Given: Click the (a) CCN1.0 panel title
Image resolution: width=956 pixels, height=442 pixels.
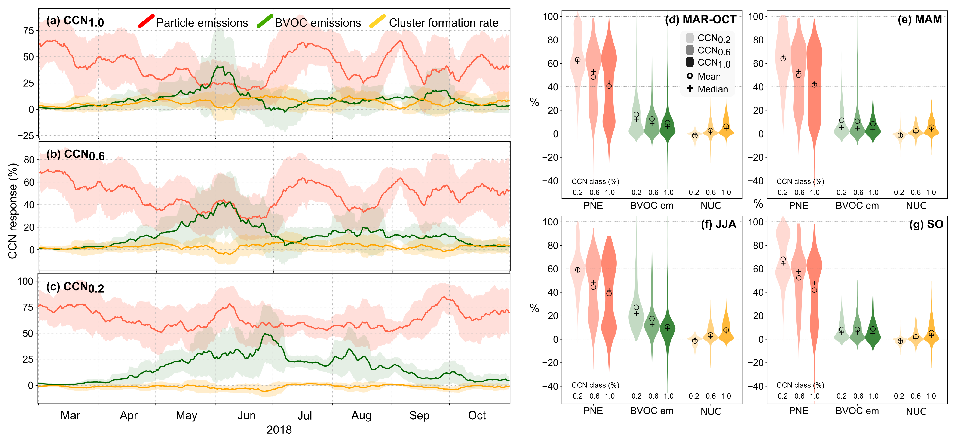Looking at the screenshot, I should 75,21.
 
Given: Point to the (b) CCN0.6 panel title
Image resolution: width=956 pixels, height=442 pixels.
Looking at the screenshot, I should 75,154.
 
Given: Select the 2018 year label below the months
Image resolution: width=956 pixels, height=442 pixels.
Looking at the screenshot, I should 279,430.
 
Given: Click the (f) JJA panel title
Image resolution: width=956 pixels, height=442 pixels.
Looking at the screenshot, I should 718,224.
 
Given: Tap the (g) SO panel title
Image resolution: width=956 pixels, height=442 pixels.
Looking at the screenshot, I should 926,224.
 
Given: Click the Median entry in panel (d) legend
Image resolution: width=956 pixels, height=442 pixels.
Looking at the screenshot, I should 713,89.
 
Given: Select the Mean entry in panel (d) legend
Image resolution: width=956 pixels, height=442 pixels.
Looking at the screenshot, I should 709,77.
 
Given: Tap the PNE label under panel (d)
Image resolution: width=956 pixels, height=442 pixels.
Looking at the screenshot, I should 593,205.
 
